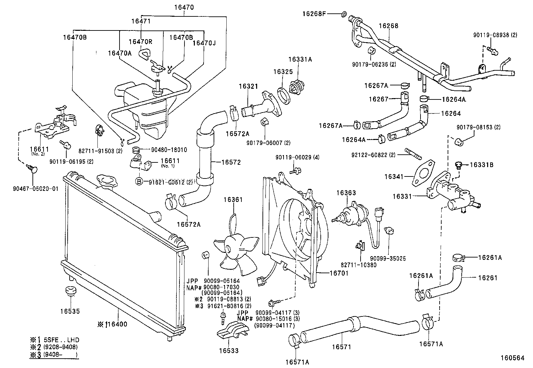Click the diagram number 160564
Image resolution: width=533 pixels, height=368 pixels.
pos(512,358)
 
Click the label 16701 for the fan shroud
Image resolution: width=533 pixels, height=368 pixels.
pos(339,273)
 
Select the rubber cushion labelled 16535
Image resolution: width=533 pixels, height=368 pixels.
pos(70,291)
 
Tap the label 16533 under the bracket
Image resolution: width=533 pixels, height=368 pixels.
pos(229,351)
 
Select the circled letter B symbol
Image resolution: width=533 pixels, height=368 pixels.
pos(139,181)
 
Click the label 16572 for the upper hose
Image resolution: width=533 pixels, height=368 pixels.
pos(231,162)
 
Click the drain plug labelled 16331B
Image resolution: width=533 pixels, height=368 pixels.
pos(458,165)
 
